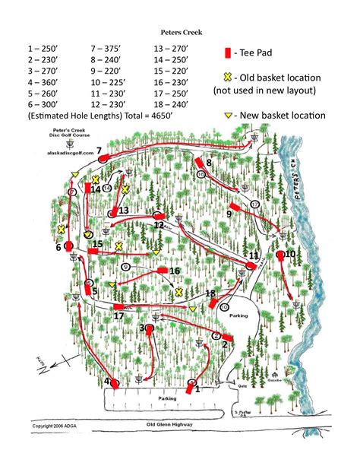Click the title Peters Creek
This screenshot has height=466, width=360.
[180, 33]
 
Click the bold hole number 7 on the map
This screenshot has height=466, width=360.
[99, 151]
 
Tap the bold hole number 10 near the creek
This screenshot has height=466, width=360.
[289, 254]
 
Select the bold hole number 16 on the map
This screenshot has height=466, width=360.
[174, 271]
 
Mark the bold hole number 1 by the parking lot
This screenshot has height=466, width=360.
[197, 389]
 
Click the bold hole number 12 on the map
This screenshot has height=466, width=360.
[159, 225]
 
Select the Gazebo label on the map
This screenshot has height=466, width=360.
[274, 376]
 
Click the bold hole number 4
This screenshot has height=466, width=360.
[107, 382]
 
